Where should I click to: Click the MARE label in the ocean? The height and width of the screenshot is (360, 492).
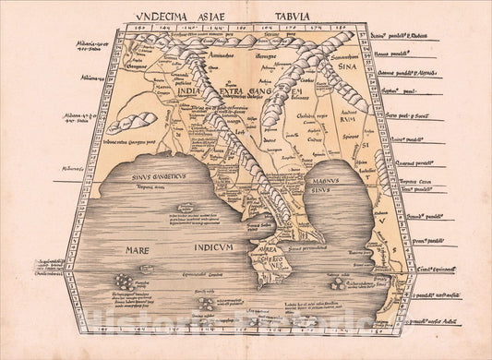(124, 250)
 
